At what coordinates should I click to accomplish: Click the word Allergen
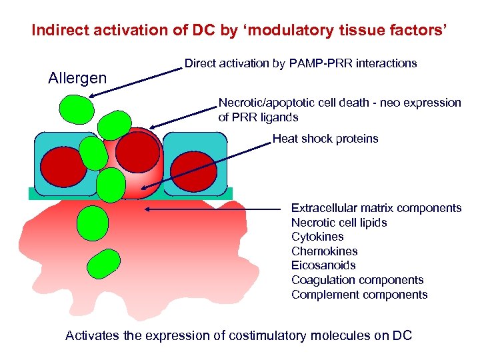click(77, 79)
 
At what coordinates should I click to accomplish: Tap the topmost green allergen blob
click(75, 107)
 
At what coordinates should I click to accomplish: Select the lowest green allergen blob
click(103, 264)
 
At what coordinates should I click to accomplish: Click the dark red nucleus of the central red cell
click(138, 151)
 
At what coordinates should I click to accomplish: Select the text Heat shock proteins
click(325, 139)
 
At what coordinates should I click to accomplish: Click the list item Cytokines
click(317, 237)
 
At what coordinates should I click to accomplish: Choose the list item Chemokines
click(324, 251)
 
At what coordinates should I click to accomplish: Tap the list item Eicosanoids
click(323, 265)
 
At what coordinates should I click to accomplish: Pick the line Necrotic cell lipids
click(339, 223)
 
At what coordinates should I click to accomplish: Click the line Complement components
click(359, 295)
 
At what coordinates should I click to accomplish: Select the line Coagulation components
click(357, 280)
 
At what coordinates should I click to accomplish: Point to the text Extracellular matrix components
click(376, 208)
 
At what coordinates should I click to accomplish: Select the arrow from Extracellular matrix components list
click(213, 209)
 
